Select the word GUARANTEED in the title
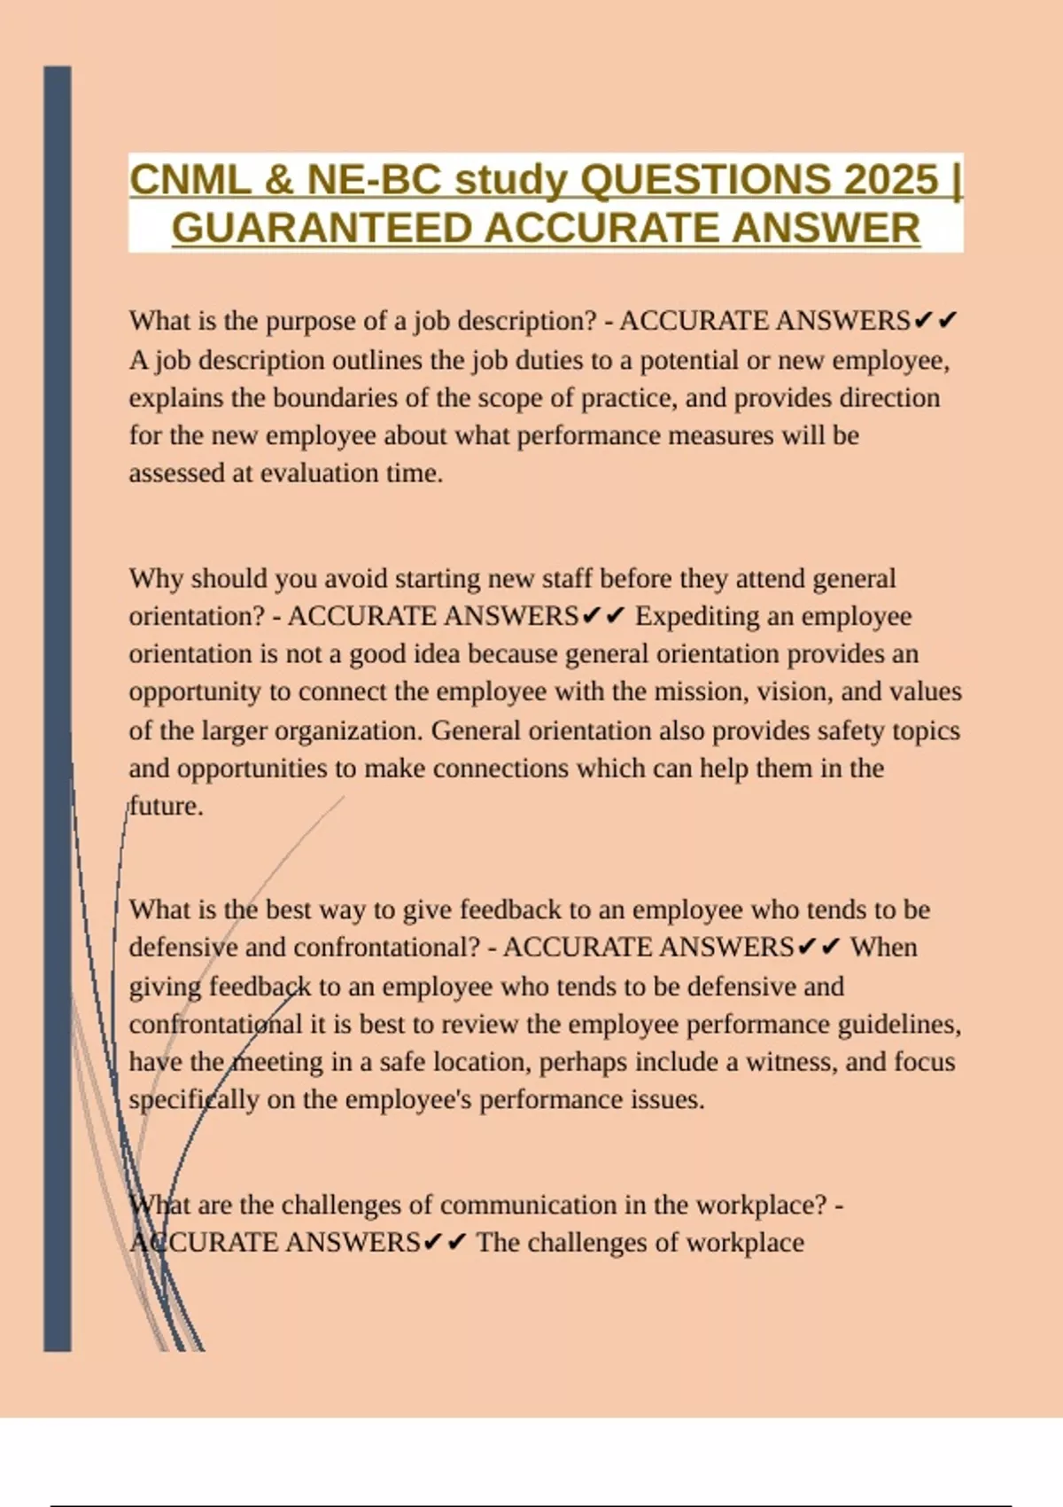(322, 229)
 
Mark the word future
(166, 807)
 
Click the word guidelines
(899, 1025)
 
